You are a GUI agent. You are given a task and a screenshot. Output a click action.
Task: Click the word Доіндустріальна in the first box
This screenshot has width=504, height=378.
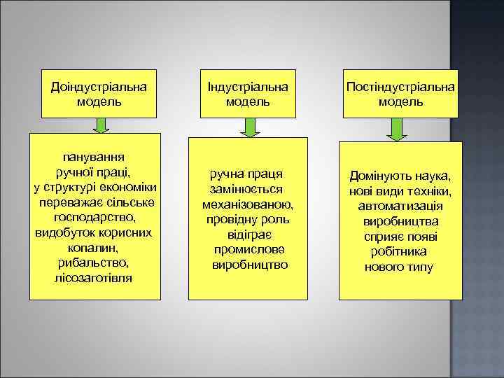click(x=99, y=87)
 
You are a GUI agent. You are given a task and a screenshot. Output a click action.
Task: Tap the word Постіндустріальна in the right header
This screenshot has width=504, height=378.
click(x=400, y=87)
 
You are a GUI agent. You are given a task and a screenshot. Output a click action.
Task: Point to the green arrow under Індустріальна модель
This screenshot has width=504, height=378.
click(x=249, y=127)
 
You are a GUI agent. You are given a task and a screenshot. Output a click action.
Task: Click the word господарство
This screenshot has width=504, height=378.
click(x=94, y=218)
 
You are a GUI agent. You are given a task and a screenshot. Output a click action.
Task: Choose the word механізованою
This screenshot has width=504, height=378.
click(x=248, y=204)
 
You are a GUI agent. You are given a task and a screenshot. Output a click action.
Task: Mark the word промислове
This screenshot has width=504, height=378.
click(x=248, y=250)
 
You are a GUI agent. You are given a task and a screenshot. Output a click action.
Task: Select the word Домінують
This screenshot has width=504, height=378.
click(x=376, y=176)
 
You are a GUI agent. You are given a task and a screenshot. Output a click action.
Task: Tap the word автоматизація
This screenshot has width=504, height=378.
click(x=400, y=206)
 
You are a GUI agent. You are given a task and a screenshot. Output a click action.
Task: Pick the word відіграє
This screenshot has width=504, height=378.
click(x=248, y=234)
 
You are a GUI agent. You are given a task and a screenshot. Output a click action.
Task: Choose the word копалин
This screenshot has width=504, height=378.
click(x=94, y=248)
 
